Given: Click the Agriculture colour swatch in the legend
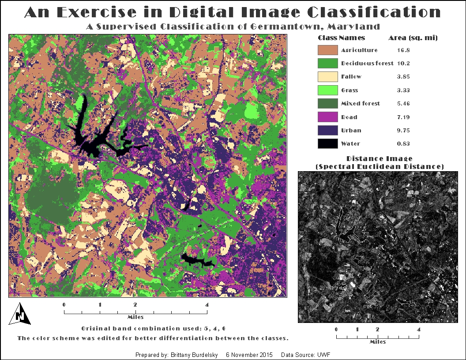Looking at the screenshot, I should [327, 50].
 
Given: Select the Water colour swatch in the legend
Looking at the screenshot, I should [327, 144].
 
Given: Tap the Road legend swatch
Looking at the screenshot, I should [327, 117].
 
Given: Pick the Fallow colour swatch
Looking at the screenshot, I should [327, 77].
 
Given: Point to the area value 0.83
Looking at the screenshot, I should [403, 144].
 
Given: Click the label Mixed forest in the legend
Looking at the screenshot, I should [360, 104].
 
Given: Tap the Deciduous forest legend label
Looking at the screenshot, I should [367, 64].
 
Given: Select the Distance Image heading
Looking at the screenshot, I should [380, 158].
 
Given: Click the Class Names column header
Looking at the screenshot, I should [341, 38].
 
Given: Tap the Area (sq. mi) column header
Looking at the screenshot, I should [413, 38].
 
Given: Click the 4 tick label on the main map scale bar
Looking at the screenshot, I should [207, 304].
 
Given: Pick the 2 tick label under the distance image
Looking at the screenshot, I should [377, 329].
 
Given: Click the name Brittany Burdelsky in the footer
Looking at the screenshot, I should [194, 355].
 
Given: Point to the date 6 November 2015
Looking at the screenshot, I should [249, 355].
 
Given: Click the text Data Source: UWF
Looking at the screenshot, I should [306, 355].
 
